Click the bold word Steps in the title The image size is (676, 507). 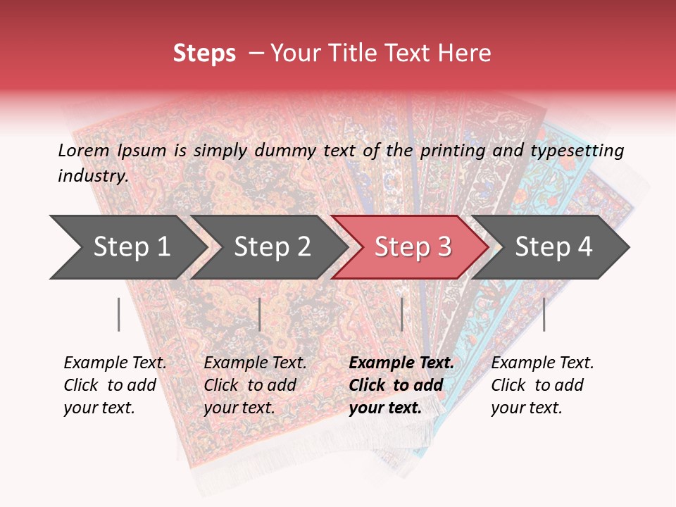point(204,53)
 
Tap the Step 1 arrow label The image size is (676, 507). point(132,247)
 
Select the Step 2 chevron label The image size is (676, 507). point(273,247)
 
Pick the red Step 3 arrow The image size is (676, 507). point(413,247)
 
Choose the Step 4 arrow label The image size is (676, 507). point(553,247)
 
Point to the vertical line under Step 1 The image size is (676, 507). point(119,314)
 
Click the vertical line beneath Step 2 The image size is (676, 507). point(260,314)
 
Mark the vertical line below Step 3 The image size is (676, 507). point(401,314)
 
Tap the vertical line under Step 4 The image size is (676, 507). point(544,314)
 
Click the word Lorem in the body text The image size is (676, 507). point(83,150)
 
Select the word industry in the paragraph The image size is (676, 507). point(92,176)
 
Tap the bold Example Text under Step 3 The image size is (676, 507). point(401,363)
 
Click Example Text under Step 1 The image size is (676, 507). point(115,363)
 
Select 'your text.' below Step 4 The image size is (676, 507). point(526,408)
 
